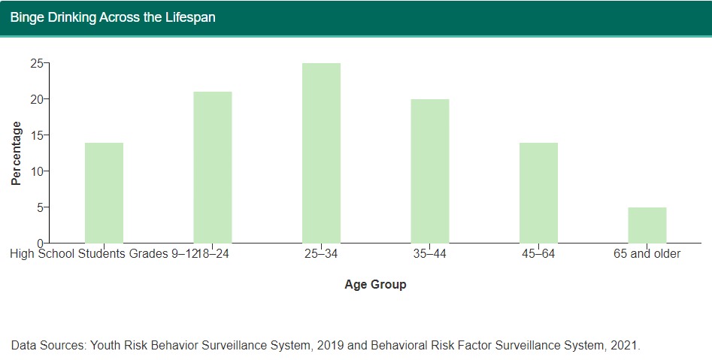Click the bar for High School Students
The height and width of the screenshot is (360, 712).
pyautogui.click(x=104, y=192)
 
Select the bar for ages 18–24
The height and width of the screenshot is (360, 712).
pyautogui.click(x=213, y=167)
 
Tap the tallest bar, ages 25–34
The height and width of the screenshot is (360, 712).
pyautogui.click(x=321, y=153)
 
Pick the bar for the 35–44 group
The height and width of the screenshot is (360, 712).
pyautogui.click(x=430, y=171)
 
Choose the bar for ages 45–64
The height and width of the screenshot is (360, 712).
pyautogui.click(x=538, y=192)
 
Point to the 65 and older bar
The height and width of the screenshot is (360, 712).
pyautogui.click(x=647, y=225)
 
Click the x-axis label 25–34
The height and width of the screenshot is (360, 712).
pyautogui.click(x=321, y=254)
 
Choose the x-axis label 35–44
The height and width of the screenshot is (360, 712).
pyautogui.click(x=430, y=254)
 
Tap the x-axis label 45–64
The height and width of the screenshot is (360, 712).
pyautogui.click(x=538, y=254)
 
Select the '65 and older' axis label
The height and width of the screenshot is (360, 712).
pyautogui.click(x=647, y=254)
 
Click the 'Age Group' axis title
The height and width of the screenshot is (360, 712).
pyautogui.click(x=375, y=285)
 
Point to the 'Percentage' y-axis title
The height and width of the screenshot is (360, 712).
pyautogui.click(x=16, y=153)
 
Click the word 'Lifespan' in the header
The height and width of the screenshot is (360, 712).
pyautogui.click(x=189, y=17)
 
